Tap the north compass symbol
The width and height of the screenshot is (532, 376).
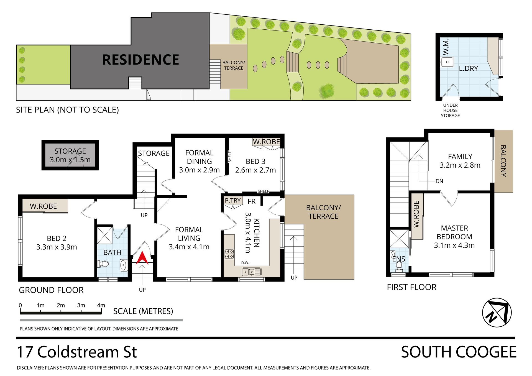click(x=497, y=313)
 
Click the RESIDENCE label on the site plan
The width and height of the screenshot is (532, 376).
click(x=141, y=60)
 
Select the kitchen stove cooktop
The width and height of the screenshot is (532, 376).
click(x=229, y=254)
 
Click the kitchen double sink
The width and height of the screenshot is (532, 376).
click(x=252, y=272)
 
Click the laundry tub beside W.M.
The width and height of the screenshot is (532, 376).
click(x=447, y=62)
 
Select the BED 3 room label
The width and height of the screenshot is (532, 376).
click(x=255, y=162)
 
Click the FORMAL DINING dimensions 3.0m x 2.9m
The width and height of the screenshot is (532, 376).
click(x=199, y=170)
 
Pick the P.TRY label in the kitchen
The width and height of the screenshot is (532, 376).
click(x=233, y=200)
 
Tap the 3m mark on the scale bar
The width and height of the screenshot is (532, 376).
click(x=81, y=305)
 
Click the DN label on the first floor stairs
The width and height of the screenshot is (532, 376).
click(x=439, y=181)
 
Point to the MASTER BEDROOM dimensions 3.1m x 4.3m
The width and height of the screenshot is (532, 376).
click(x=454, y=245)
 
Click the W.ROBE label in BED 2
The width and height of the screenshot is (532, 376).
click(x=43, y=206)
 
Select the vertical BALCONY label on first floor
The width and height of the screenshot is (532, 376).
click(x=503, y=161)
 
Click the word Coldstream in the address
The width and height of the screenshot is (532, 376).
click(x=78, y=352)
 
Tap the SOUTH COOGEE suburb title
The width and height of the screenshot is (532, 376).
click(x=459, y=352)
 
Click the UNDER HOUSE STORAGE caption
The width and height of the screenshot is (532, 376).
click(x=450, y=110)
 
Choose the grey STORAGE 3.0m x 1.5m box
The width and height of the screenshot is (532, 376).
click(x=70, y=155)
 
